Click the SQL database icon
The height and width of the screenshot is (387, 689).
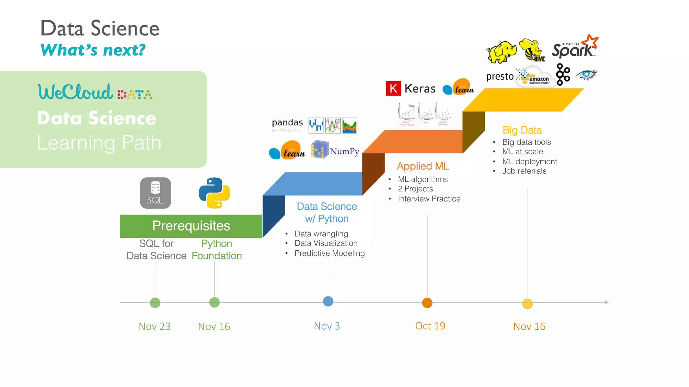tap(155, 193)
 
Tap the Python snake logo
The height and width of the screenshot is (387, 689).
tap(214, 193)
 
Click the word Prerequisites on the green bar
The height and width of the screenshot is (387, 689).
tap(191, 226)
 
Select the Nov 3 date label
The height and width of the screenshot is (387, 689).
tap(327, 326)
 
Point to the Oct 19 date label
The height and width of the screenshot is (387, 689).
tap(430, 326)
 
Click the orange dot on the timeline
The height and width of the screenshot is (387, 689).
tap(427, 303)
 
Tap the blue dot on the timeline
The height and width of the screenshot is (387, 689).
tap(328, 301)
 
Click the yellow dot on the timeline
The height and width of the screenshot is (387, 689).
tap(527, 304)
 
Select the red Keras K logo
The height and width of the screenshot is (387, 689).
tap(393, 88)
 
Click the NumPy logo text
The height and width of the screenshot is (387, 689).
tap(344, 152)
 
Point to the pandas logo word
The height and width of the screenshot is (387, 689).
tap(287, 122)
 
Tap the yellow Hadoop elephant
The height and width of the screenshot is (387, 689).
tap(502, 52)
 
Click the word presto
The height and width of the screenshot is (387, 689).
tap(500, 77)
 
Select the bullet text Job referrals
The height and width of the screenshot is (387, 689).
tap(524, 171)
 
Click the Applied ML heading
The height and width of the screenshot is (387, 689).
tap(423, 166)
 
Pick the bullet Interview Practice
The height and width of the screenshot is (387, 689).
tap(429, 199)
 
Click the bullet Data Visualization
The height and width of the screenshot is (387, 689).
tap(326, 243)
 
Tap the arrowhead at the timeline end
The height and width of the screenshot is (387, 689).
tap(606, 302)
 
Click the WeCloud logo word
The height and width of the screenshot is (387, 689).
tap(75, 92)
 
